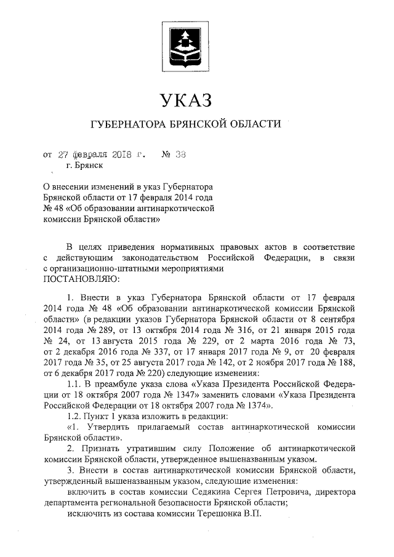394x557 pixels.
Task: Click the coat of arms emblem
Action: [x=185, y=45]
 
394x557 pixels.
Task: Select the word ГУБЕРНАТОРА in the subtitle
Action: [x=126, y=124]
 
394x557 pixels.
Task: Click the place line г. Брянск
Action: [x=84, y=165]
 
